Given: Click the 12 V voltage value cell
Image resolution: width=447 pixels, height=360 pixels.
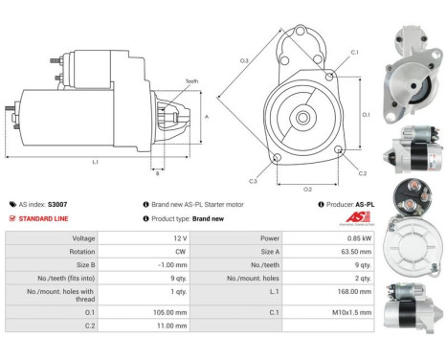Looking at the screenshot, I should [x=178, y=237].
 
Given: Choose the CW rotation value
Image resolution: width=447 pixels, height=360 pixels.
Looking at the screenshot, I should [x=178, y=251].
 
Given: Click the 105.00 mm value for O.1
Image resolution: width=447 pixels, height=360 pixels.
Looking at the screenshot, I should [x=178, y=311].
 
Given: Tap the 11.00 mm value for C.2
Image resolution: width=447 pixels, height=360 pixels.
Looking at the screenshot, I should [x=178, y=325].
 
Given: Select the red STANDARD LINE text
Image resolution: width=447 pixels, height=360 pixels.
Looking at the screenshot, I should [x=45, y=218].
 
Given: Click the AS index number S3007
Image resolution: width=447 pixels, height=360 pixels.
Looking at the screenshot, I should [x=57, y=204].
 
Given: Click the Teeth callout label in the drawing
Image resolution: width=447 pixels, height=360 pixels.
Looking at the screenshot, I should [x=191, y=81].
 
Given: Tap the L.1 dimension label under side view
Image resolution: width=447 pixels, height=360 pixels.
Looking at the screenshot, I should [x=96, y=163].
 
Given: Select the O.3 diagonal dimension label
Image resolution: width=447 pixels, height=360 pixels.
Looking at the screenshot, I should [x=244, y=61].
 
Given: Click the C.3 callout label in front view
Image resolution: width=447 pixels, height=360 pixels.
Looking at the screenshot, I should [x=253, y=180].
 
